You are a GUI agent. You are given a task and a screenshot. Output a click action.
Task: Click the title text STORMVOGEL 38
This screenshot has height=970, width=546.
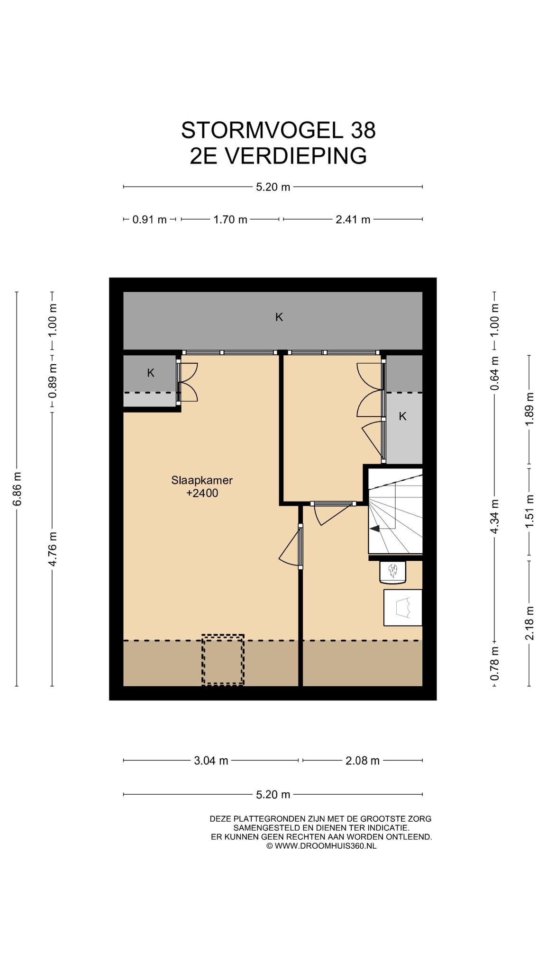278,130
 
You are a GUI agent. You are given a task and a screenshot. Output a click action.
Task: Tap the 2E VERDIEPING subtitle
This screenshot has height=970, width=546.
278,156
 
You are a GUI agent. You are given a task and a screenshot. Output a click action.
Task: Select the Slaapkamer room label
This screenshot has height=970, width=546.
202,480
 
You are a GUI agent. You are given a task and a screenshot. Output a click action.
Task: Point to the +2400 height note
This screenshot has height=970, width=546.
202,493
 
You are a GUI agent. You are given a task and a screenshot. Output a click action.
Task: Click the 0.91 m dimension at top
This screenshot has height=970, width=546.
149,219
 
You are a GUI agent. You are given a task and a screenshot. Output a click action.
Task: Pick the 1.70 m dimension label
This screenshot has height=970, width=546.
230,219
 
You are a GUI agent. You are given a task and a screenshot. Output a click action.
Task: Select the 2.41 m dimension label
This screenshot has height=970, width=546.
353,219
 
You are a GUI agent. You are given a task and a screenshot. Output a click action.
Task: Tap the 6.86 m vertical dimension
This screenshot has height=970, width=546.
17,489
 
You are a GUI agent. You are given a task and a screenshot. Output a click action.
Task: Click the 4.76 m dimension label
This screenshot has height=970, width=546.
52,549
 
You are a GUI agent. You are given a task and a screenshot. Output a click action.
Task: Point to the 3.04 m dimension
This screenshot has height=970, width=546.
211,761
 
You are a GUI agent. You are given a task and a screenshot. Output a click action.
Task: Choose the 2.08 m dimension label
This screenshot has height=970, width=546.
363,761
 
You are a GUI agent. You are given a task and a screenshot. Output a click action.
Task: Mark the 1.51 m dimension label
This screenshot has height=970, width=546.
529,511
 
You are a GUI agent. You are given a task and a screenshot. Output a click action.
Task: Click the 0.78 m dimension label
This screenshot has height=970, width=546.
494,664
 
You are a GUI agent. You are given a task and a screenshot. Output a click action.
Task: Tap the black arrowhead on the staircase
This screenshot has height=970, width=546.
374,529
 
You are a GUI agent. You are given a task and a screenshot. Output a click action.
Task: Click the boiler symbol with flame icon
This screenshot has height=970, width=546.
393,571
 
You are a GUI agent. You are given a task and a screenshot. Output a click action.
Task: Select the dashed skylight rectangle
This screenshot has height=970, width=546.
223,660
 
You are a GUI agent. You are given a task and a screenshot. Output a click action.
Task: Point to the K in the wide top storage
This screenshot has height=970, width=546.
279,317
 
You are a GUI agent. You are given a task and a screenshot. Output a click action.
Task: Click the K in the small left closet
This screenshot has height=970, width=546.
151,373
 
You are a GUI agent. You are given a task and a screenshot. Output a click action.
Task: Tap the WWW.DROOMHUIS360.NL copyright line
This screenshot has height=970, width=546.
321,846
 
